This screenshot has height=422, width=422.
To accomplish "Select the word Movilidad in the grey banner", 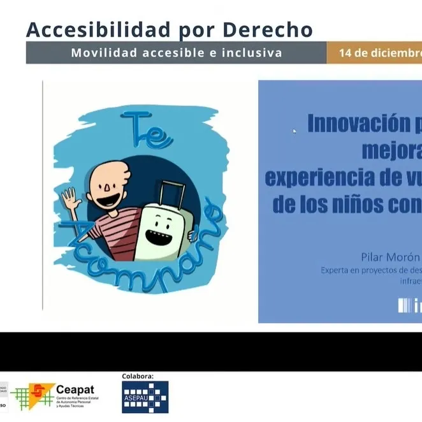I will [103, 53].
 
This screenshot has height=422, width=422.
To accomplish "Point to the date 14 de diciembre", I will [380, 53].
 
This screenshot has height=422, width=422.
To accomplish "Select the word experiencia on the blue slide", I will [310, 177].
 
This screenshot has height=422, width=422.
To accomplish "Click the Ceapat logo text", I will [75, 389].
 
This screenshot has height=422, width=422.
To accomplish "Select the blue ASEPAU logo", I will [145, 397].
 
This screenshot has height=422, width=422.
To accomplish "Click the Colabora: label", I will [138, 376].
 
